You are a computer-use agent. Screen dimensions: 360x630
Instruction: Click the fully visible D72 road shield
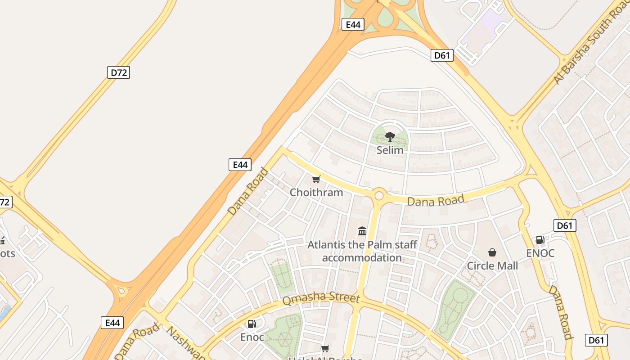[x=118, y=72]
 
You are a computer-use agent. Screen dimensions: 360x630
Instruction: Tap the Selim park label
[x=390, y=150]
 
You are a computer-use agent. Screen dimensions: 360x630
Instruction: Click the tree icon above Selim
[x=390, y=137]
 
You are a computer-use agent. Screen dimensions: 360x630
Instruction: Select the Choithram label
[x=316, y=193]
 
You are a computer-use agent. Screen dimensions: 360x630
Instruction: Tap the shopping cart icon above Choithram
[x=316, y=180]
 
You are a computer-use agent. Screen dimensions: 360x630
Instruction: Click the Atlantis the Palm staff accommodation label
[x=362, y=251]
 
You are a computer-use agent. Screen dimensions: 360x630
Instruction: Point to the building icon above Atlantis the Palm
[x=362, y=231]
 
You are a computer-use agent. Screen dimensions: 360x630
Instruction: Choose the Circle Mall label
[x=492, y=265]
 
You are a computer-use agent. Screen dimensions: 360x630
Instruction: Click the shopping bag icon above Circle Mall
[x=492, y=252]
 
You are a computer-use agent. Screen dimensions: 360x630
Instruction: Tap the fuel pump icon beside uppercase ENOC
[x=540, y=240]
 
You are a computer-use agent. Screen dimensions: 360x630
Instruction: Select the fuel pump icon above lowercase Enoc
[x=252, y=324]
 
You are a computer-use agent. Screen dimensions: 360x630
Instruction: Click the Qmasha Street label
[x=321, y=299]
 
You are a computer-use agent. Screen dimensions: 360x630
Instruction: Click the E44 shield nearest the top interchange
[x=353, y=24]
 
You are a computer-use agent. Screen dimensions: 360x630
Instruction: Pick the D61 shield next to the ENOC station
[x=564, y=225]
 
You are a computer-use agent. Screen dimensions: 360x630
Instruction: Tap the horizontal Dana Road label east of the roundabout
[x=435, y=200]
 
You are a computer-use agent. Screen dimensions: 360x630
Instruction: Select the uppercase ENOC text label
[x=540, y=253]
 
